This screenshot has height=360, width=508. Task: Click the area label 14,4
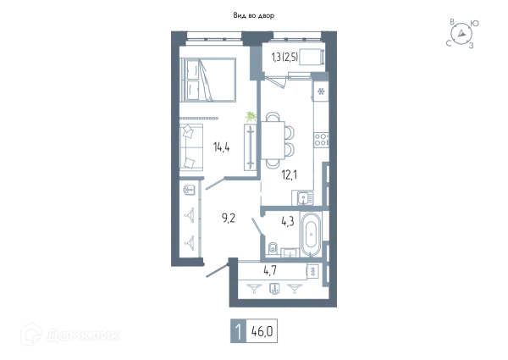[222, 147]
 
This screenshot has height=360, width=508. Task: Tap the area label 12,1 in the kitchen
[290, 175]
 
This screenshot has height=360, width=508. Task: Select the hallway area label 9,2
[229, 219]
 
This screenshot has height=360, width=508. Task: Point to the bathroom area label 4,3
[288, 222]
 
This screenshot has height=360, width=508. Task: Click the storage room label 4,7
[270, 270]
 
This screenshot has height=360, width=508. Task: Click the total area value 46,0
[262, 331]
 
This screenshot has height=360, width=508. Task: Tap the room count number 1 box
[238, 331]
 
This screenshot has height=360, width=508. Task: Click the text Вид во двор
[254, 15]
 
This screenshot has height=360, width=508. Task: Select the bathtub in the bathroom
[311, 234]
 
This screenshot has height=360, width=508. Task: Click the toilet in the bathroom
[272, 248]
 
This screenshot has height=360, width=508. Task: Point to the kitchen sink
[304, 197]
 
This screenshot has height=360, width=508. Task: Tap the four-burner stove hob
[322, 140]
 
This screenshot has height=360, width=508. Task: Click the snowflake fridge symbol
[321, 91]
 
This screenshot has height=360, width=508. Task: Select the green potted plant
[251, 116]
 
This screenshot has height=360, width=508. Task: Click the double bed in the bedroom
[208, 80]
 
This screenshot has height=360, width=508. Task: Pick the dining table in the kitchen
[273, 140]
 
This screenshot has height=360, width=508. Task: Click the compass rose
[461, 33]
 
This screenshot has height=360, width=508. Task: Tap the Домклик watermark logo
[70, 335]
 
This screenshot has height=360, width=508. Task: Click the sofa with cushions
[191, 147]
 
